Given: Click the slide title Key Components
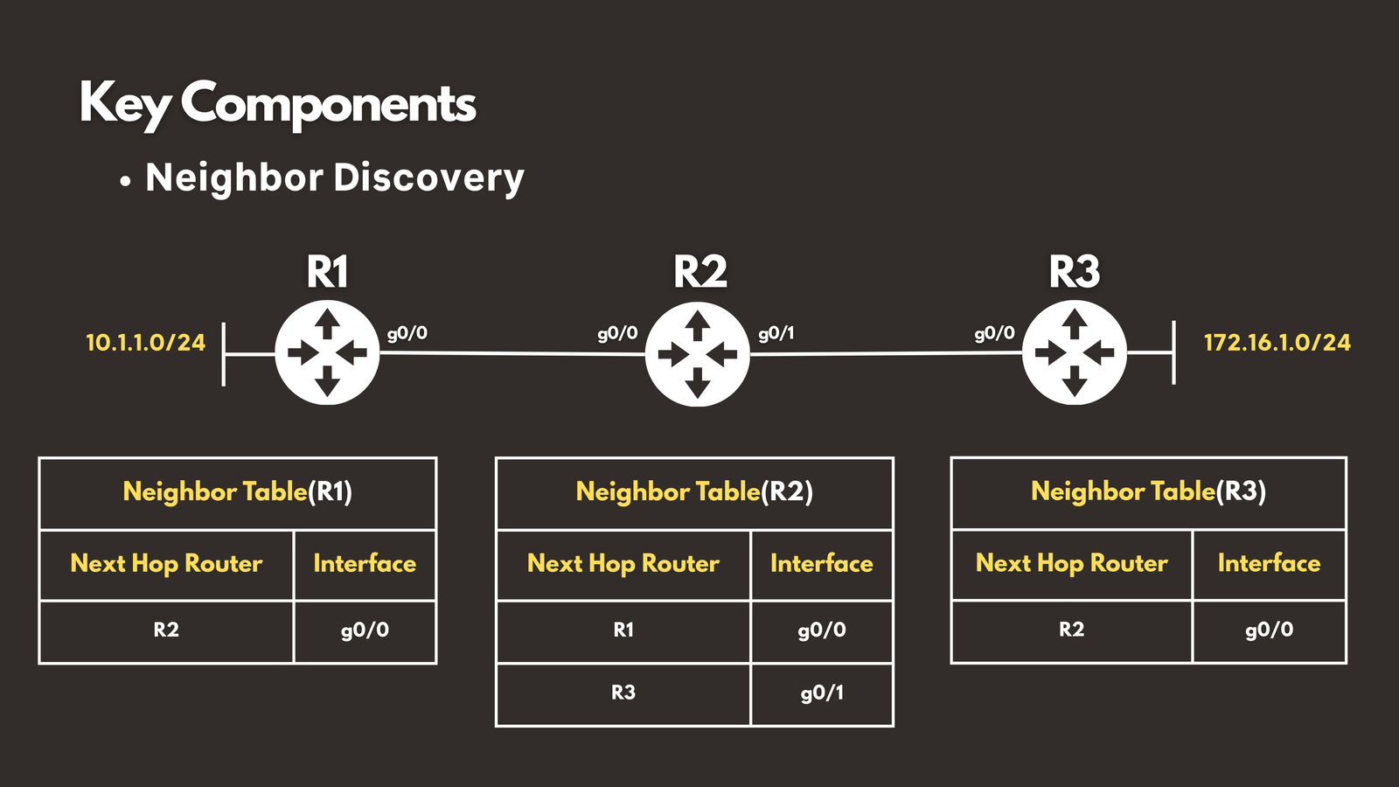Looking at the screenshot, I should coord(277,104).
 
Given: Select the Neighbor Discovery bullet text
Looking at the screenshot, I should coord(334,178).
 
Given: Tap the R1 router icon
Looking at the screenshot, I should coord(327,353).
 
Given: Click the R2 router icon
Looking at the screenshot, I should coord(697,354).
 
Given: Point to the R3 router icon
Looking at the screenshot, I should coord(1074,353).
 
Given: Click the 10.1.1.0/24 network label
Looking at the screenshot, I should coord(145,342).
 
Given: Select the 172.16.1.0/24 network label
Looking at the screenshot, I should coord(1277,342).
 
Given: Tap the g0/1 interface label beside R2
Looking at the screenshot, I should coord(776,333).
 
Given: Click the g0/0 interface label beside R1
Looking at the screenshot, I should coord(407,333).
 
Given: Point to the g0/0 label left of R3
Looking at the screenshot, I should coord(994,333).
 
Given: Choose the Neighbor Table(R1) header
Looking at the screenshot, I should coord(237,491).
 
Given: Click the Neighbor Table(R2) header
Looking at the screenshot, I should coord(694,491).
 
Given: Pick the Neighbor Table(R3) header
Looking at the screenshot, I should coord(1148,491).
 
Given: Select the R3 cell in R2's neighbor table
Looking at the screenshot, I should coord(623,693).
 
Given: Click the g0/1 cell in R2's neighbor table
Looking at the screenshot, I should coord(822,693).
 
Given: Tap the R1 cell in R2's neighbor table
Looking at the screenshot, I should coord(623,630).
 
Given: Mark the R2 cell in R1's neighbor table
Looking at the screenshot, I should coord(166,630).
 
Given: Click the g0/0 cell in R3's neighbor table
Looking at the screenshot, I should coord(1269,630).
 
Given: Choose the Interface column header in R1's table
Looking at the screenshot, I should coord(365,563).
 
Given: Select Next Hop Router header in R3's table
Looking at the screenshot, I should coord(1071,563).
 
